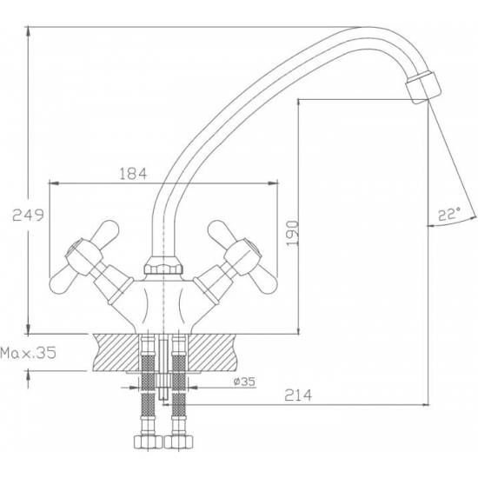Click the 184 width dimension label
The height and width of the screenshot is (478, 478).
point(133,174)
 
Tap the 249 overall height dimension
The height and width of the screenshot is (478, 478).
point(28,216)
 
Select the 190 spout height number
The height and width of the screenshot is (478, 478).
point(293,233)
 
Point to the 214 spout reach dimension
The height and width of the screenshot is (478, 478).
point(298,395)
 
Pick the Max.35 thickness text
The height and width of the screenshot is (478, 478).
point(29,353)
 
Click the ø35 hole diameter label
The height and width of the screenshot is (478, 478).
point(244,382)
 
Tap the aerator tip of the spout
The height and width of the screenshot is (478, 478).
point(423,88)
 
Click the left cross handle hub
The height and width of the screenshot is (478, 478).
point(83,256)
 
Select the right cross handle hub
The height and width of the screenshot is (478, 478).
point(243,256)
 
